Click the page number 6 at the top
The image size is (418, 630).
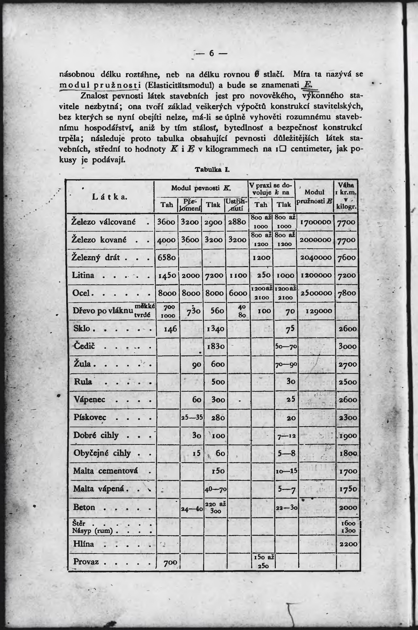pyautogui.click(x=211, y=54)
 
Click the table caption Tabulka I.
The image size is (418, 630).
pyautogui.click(x=212, y=170)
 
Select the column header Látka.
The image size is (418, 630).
pyautogui.click(x=109, y=197)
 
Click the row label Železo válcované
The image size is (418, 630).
pyautogui.click(x=103, y=222)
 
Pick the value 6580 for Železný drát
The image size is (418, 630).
pyautogui.click(x=166, y=258)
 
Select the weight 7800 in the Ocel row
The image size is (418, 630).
pyautogui.click(x=347, y=293)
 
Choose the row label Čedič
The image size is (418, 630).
pyautogui.click(x=84, y=346)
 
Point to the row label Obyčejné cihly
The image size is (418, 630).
pyautogui.click(x=102, y=453)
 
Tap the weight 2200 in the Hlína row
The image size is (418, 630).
pyautogui.click(x=348, y=544)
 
